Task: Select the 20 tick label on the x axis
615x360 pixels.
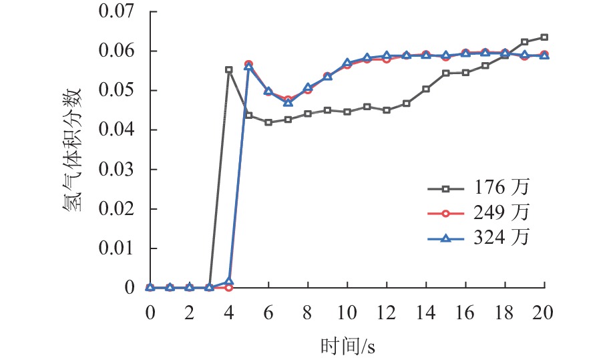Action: click(545, 313)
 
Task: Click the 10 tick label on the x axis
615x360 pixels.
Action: click(347, 313)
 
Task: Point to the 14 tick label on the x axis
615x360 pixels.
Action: click(426, 313)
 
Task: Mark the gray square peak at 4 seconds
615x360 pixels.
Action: click(229, 69)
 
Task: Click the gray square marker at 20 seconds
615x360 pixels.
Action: click(545, 37)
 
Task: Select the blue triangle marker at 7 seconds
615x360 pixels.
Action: click(288, 102)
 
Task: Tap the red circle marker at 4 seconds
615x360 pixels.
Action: click(229, 287)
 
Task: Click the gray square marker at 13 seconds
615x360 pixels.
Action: click(407, 104)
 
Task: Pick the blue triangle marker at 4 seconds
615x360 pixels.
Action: click(229, 282)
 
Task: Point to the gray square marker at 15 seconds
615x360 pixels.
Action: click(446, 73)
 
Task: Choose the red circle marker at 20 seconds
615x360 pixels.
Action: click(545, 55)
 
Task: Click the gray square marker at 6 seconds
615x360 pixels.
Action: click(268, 122)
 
